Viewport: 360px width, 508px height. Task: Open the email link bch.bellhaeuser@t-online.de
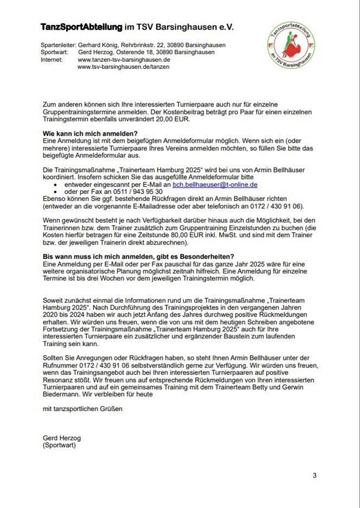(215, 186)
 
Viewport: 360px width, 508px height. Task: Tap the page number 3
(314, 475)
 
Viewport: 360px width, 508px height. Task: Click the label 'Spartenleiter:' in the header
(57, 45)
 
